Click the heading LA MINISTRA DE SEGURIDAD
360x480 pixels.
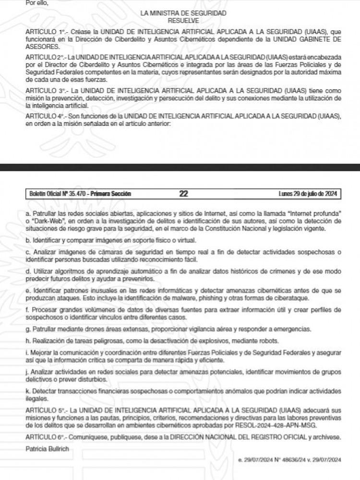[184, 14]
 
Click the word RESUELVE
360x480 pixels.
[184, 21]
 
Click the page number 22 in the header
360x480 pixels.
[183, 194]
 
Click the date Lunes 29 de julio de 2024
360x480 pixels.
[309, 194]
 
